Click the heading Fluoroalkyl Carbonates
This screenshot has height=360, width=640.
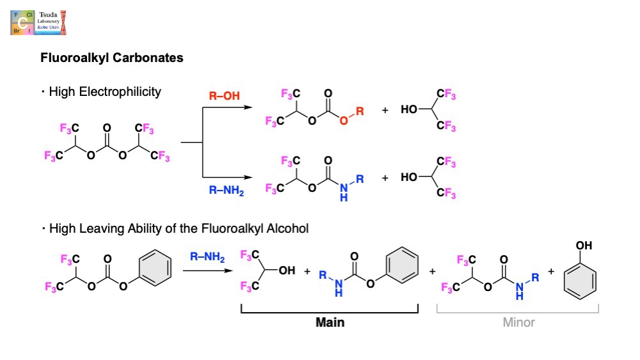(112, 58)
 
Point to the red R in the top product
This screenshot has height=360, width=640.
(360, 111)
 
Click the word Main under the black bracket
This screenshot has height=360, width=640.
(330, 322)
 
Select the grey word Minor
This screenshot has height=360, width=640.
(519, 322)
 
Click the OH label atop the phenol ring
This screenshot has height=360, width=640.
(583, 246)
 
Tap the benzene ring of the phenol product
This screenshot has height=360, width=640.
(581, 279)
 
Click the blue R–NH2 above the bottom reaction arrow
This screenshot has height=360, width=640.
(208, 257)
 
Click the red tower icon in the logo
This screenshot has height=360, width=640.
(63, 22)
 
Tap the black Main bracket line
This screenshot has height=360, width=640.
(329, 313)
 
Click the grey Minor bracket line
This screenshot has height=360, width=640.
(517, 313)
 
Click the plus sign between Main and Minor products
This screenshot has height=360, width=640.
(432, 272)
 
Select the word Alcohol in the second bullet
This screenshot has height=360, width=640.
(288, 228)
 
